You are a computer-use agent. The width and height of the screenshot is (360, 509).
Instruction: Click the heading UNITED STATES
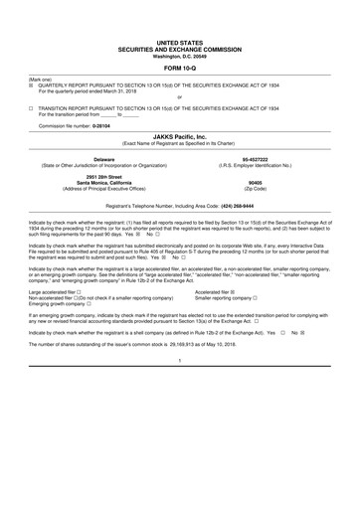(x=179, y=41)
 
